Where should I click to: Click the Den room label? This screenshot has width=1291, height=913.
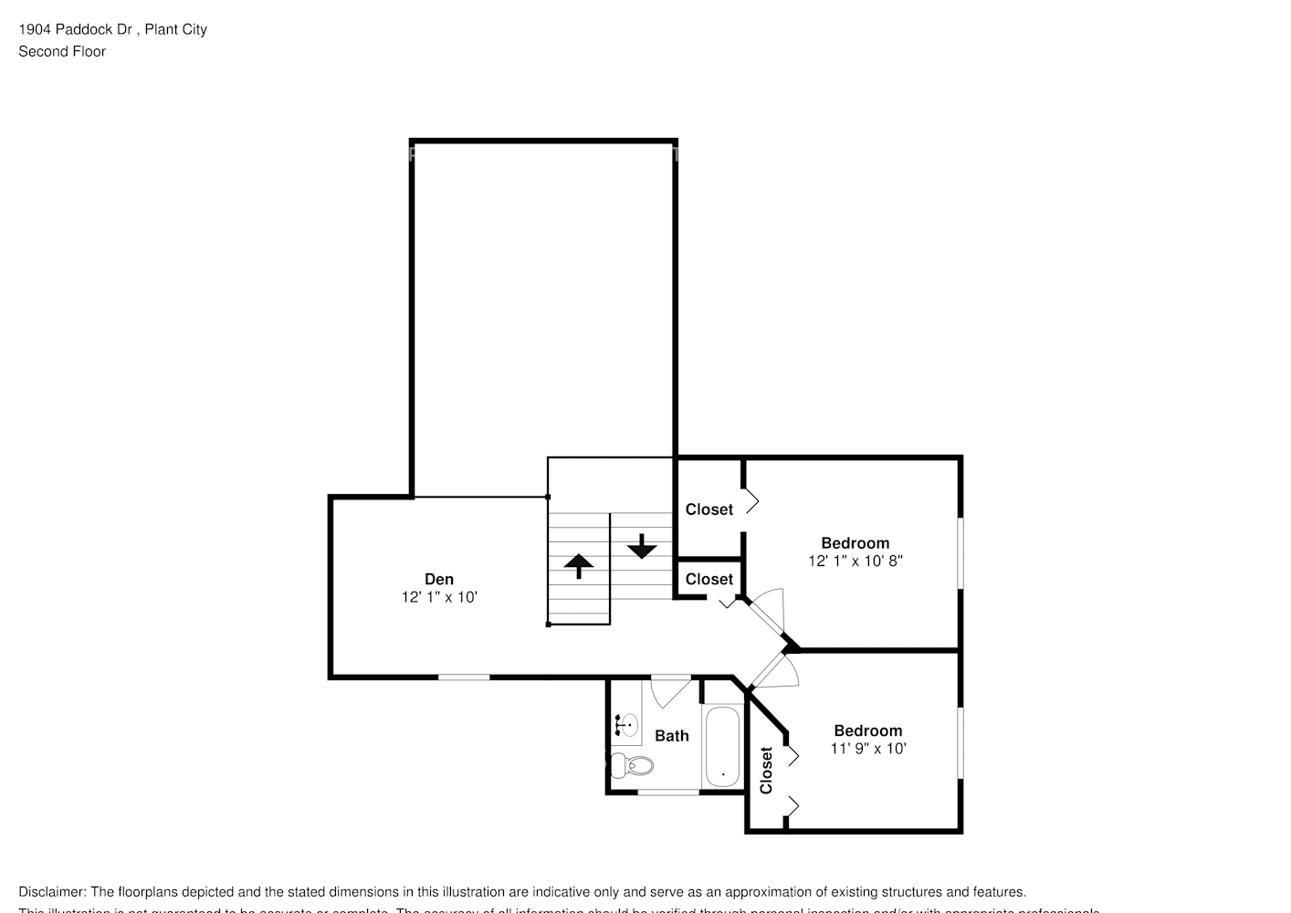pyautogui.click(x=438, y=579)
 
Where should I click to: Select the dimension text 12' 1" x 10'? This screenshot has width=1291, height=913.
pyautogui.click(x=438, y=597)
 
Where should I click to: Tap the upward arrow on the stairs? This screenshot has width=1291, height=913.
pyautogui.click(x=578, y=565)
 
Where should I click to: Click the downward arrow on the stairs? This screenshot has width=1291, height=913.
pyautogui.click(x=642, y=547)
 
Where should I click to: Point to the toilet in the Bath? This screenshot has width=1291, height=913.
pyautogui.click(x=631, y=765)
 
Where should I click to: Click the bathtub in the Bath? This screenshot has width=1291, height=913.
pyautogui.click(x=723, y=747)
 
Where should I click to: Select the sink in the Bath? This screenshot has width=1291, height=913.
pyautogui.click(x=626, y=725)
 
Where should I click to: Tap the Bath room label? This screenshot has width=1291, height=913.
pyautogui.click(x=671, y=736)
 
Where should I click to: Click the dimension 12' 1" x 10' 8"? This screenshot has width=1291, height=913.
pyautogui.click(x=855, y=561)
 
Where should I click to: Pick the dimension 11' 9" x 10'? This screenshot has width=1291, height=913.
pyautogui.click(x=867, y=749)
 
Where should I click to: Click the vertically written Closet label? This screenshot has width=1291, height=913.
pyautogui.click(x=766, y=770)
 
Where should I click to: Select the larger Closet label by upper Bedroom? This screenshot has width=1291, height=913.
pyautogui.click(x=708, y=509)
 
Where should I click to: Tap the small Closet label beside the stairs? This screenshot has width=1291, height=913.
pyautogui.click(x=708, y=579)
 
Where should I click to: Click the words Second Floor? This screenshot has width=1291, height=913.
pyautogui.click(x=62, y=51)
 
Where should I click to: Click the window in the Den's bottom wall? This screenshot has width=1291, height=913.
pyautogui.click(x=463, y=677)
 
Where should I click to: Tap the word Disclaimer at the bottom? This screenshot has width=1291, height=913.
pyautogui.click(x=52, y=892)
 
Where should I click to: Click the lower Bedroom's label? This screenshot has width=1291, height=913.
pyautogui.click(x=867, y=730)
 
